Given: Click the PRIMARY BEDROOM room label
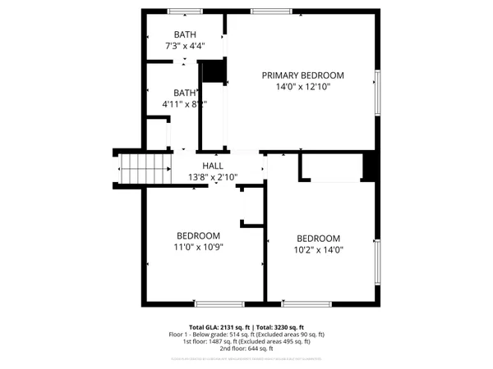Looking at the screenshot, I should [x=302, y=75].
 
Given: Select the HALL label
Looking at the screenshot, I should [x=213, y=166].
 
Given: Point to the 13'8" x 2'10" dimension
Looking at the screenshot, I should [x=213, y=177].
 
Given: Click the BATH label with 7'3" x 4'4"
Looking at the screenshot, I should [x=185, y=34].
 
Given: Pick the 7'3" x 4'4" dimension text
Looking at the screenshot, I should [x=185, y=46].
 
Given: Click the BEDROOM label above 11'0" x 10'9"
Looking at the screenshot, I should [x=197, y=235].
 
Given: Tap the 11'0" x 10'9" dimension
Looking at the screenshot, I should [x=197, y=247].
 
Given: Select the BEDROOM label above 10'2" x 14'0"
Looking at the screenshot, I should [x=318, y=239].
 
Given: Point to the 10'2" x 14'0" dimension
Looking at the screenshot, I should [x=318, y=251].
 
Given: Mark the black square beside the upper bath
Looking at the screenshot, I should [x=214, y=71].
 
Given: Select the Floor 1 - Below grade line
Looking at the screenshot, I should [x=246, y=335].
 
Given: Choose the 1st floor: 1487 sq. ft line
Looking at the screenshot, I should [x=246, y=341].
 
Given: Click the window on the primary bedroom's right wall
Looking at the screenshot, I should [x=377, y=91].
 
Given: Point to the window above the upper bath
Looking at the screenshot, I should [x=185, y=11].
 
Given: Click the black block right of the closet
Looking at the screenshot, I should [x=371, y=167].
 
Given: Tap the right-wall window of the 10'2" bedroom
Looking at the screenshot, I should [x=377, y=262].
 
